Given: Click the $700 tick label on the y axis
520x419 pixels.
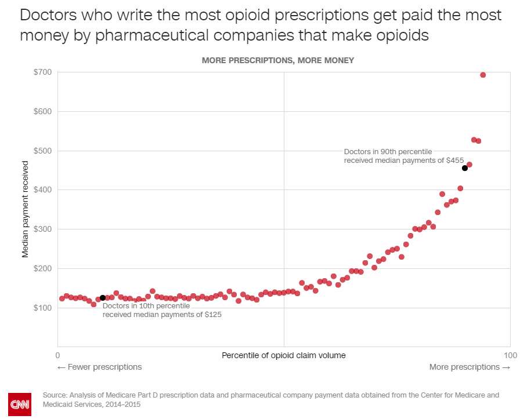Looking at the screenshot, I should [x=44, y=72].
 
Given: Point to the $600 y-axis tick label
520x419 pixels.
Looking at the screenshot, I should [x=44, y=111].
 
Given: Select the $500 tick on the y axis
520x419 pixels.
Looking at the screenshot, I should [x=44, y=151].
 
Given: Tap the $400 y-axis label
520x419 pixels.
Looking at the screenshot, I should [x=44, y=190].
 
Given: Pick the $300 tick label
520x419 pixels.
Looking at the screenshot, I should [x=44, y=229].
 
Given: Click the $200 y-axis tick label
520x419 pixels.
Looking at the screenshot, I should [x=44, y=268].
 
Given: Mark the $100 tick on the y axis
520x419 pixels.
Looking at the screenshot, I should [x=44, y=308].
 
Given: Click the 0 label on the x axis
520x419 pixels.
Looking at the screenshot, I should [x=57, y=355].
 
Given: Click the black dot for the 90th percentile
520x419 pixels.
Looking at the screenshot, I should [x=465, y=168].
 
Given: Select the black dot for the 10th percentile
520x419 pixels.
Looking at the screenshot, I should [x=103, y=298].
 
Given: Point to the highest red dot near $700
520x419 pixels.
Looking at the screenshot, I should [x=483, y=75].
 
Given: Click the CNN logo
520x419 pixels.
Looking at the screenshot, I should [x=19, y=403].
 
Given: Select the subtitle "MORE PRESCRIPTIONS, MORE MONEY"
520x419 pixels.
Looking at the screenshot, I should [x=277, y=60].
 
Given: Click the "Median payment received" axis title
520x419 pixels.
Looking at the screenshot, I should [x=25, y=209].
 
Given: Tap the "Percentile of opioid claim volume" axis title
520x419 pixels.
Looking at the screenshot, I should [x=284, y=355].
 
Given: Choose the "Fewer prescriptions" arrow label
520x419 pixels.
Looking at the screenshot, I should [x=99, y=367].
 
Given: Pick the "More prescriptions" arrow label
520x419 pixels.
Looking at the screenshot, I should [x=470, y=367].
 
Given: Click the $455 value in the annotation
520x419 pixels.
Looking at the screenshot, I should [x=454, y=160].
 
